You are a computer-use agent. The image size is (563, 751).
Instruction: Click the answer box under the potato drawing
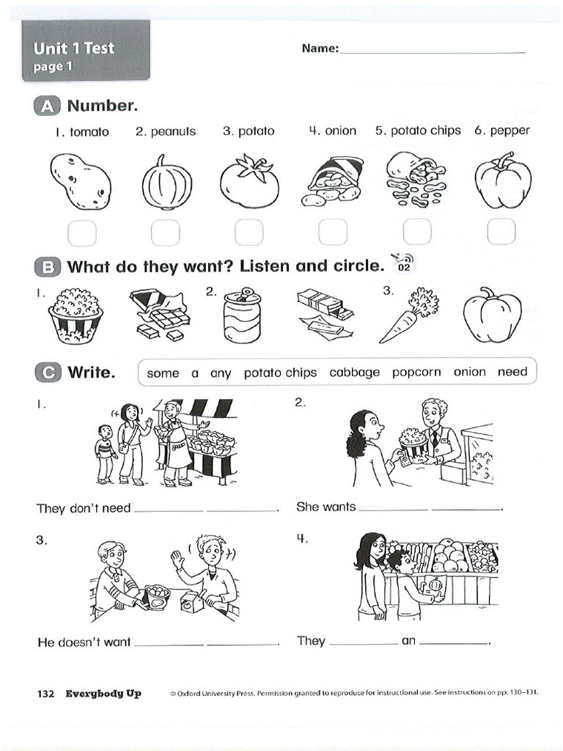82,232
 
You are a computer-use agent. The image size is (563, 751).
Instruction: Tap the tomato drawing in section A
249,180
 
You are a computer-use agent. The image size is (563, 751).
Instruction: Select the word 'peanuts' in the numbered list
173,132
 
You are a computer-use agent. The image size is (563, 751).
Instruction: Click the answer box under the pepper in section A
501,232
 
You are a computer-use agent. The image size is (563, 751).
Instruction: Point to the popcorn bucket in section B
76,315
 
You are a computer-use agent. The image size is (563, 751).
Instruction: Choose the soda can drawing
242,315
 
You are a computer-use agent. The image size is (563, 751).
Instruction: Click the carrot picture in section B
409,315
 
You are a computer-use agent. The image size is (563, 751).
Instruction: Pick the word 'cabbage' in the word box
354,373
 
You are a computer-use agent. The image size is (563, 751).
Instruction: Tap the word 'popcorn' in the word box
416,373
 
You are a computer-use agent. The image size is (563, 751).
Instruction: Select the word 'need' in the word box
512,372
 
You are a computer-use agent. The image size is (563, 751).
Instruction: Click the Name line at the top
433,52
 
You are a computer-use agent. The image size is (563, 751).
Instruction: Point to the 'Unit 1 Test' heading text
74,48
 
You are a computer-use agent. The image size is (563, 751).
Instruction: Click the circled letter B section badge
48,267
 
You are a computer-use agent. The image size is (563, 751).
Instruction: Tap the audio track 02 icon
403,263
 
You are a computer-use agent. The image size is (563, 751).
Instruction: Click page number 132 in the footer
45,694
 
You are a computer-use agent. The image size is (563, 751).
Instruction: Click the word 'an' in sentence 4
408,641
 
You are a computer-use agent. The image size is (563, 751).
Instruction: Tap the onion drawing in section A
166,183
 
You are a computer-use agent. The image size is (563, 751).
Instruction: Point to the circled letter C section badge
48,373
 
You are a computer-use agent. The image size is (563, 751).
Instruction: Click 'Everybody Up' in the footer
103,694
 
